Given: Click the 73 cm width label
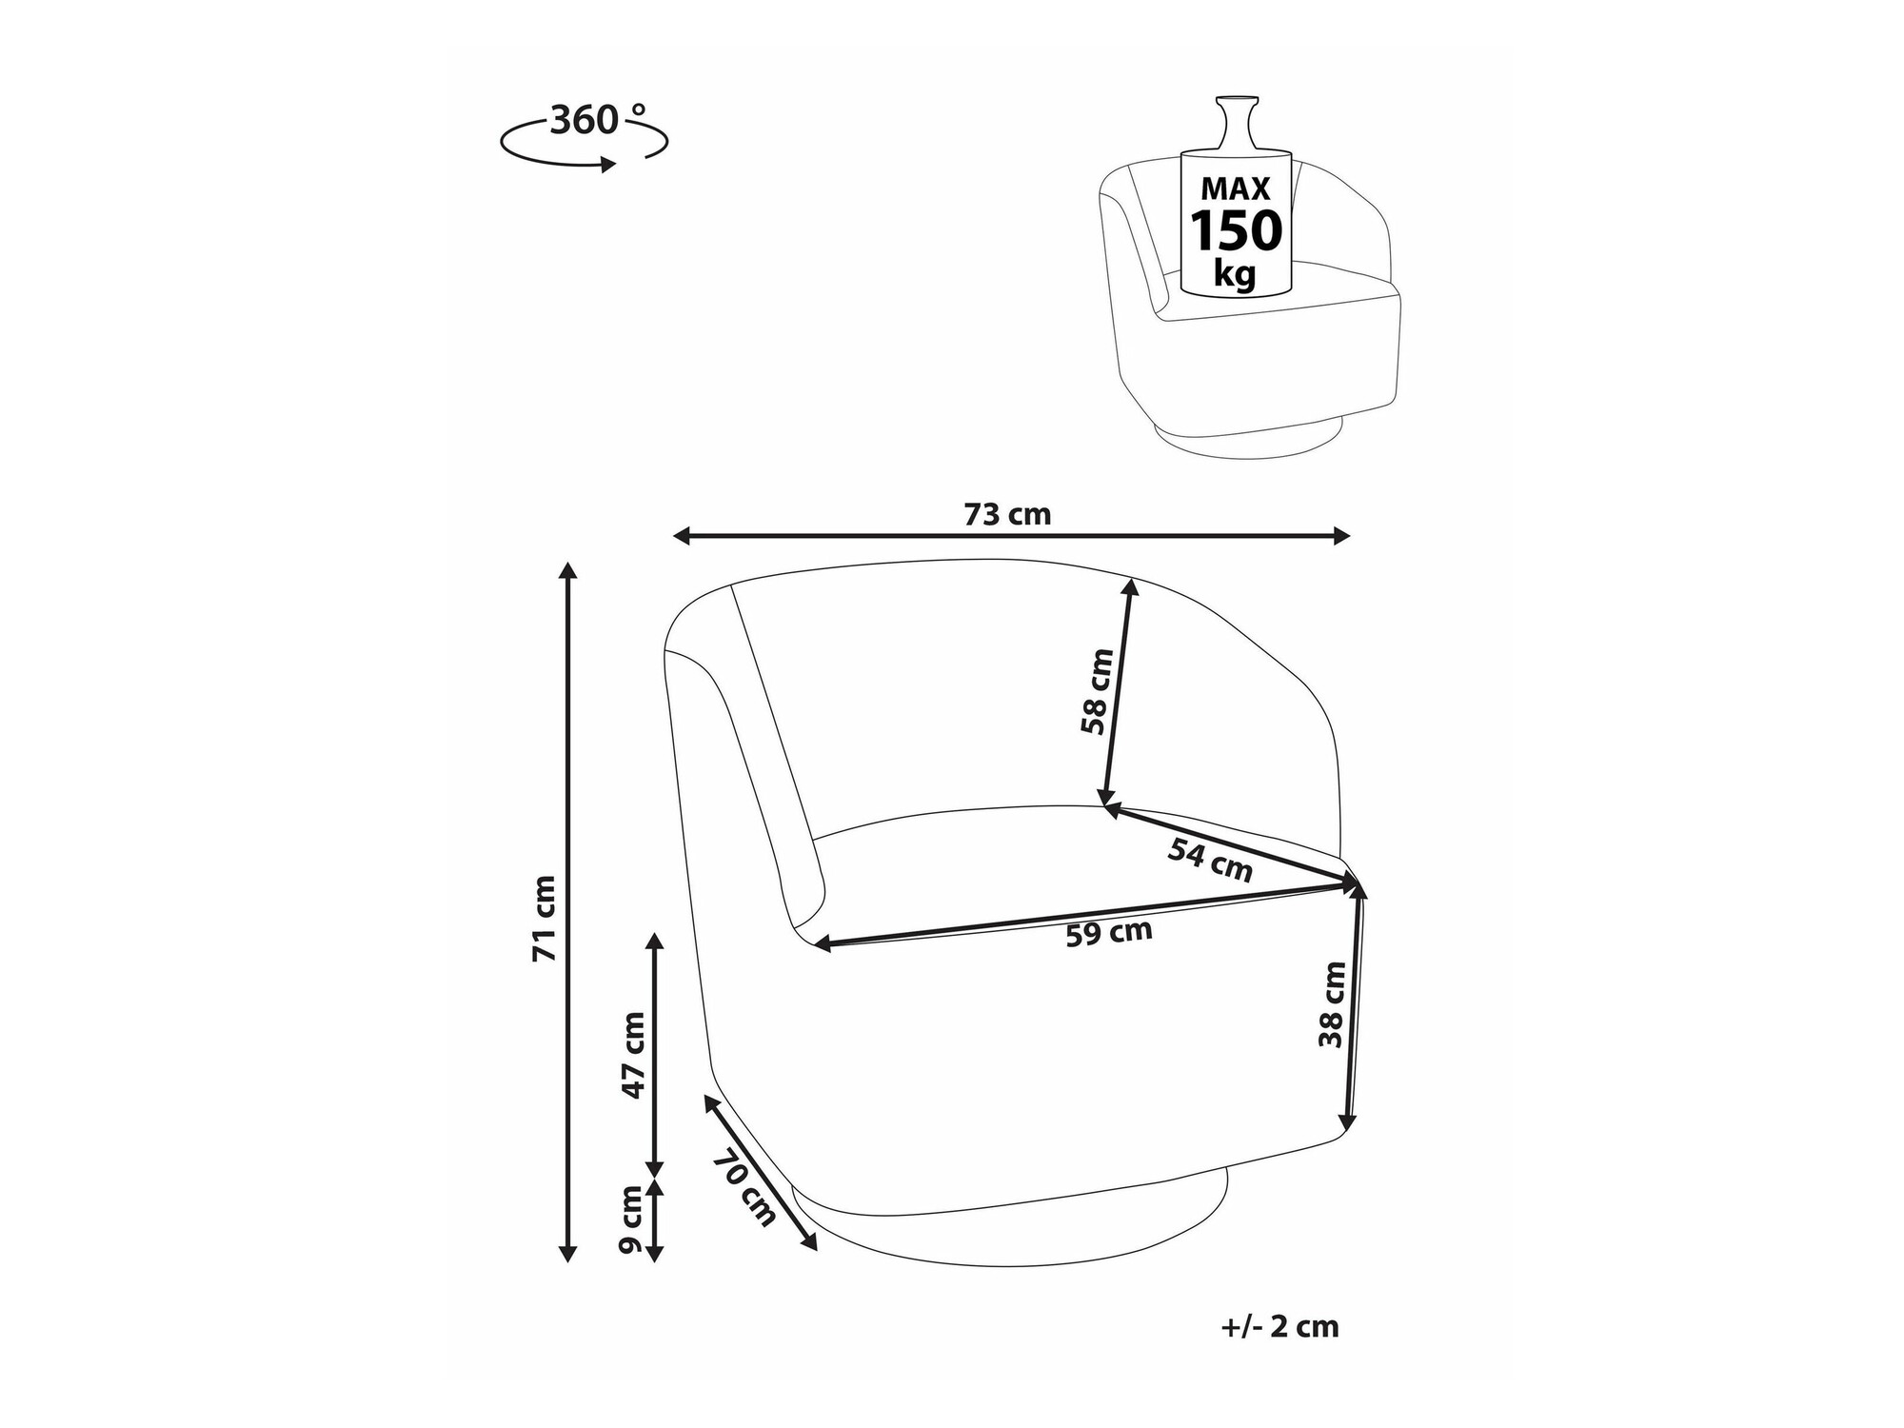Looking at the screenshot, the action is [1007, 515].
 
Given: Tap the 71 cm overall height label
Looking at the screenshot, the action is [545, 918].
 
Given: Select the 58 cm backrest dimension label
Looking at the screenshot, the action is [1097, 691].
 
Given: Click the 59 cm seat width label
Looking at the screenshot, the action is [1109, 933].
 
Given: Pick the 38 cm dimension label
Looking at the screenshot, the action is [1333, 1004].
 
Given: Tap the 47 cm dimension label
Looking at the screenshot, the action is [633, 1055].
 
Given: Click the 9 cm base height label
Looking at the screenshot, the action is [631, 1220].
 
